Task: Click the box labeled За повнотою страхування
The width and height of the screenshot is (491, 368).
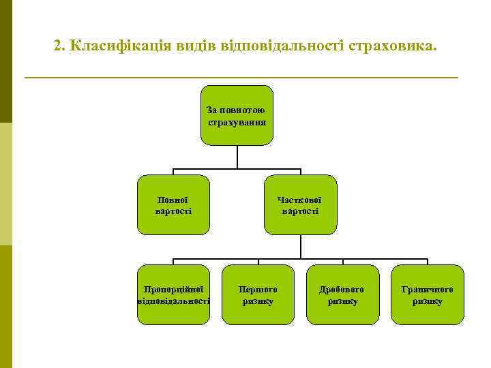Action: [237, 116]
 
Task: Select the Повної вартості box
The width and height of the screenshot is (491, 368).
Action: [173, 205]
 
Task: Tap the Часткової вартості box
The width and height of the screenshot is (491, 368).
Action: [300, 205]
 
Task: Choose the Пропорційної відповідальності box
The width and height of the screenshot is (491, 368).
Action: [173, 294]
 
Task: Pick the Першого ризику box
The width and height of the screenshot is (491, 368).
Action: [258, 294]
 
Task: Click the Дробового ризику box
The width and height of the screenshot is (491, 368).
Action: [342, 294]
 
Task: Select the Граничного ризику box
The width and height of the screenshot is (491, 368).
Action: [428, 294]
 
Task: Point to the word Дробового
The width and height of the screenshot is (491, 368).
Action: [342, 289]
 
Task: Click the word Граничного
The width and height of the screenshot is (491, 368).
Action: [428, 289]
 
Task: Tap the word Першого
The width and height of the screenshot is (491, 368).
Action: [258, 289]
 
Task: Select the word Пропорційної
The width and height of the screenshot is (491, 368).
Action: [173, 289]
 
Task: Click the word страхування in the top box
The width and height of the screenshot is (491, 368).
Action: [237, 122]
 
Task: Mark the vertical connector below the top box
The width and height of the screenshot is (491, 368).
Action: [237, 156]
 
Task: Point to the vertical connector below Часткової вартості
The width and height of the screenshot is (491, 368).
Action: [300, 247]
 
